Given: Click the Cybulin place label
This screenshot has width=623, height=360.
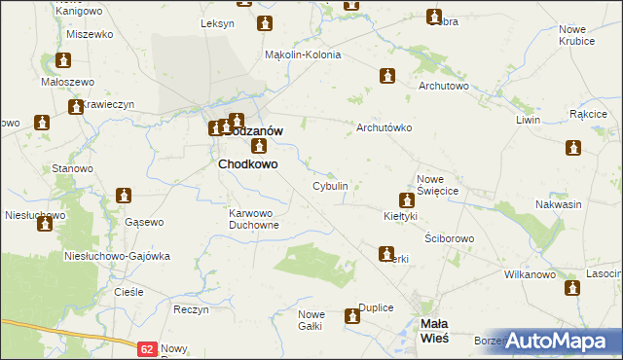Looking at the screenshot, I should point(330,185).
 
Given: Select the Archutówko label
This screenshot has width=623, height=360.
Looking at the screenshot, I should point(385,127).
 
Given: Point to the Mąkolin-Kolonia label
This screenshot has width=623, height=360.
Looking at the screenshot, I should point(303,54).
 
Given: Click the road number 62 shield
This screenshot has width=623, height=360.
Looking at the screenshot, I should point(146,347).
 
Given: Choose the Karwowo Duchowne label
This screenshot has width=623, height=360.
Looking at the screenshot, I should point(254,218).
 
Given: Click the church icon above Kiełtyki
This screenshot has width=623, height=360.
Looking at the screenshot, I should point(408,199).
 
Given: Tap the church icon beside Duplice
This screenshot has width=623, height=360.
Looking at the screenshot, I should point(352,316).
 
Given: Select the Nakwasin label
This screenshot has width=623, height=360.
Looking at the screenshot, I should point(559,204).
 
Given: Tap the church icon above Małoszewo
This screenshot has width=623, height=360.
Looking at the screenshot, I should point(64,60).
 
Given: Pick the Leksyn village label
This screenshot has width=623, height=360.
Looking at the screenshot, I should point(216,22).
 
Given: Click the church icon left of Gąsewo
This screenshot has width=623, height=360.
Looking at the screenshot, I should point(123,197).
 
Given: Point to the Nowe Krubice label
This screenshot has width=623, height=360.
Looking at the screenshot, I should point(578,35).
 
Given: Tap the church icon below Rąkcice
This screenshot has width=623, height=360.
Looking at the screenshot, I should point(572,148).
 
